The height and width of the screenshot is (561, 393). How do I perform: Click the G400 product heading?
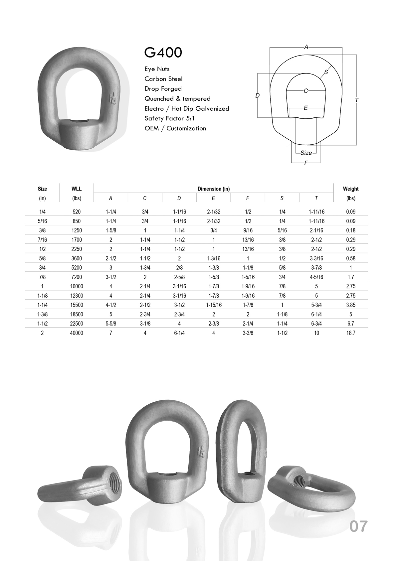(163, 53)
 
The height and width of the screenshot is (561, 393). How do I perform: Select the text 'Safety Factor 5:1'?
(169, 118)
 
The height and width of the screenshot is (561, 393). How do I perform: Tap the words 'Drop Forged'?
(163, 89)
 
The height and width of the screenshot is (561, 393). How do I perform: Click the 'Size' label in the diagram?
(306, 153)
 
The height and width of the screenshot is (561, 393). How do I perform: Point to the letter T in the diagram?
(357, 100)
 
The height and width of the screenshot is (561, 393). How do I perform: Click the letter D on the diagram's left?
(257, 96)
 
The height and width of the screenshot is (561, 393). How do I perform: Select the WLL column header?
(77, 189)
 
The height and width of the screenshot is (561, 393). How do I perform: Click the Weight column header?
(350, 189)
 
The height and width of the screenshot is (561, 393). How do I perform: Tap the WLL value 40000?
(77, 333)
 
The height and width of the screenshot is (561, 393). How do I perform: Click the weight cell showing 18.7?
(350, 333)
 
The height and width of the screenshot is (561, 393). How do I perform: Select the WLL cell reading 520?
(77, 212)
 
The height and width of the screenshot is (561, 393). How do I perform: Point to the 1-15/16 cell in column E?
(213, 305)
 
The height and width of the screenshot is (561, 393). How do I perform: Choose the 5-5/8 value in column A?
(111, 324)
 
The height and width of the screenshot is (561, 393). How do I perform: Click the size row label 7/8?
(42, 277)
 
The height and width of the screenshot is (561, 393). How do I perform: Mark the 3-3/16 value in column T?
(316, 258)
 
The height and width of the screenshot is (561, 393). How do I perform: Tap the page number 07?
(358, 526)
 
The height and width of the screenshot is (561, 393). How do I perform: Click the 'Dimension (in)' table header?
(213, 189)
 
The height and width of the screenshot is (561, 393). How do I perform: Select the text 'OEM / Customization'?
(175, 128)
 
